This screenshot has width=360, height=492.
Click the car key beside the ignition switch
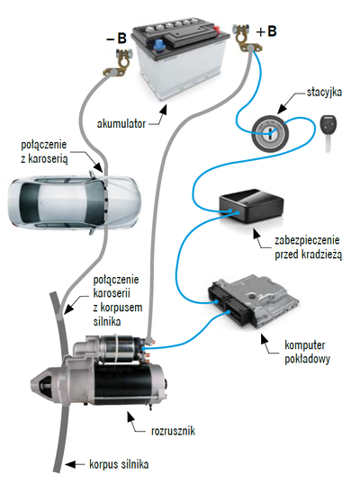328,132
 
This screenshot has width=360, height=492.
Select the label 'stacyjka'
324,93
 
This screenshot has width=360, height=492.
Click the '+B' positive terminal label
266,31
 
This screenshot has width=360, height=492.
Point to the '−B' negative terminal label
116,39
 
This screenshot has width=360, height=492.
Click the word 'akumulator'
121,123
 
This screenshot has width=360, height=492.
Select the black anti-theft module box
251,205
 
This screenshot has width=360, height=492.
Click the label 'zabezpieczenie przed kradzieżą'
308,247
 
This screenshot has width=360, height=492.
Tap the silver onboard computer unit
253,300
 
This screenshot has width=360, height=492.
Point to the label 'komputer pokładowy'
307,352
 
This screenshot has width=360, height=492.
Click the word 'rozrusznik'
173,431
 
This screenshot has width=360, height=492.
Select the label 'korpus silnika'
119,464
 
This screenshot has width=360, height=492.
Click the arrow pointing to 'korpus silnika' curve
75,464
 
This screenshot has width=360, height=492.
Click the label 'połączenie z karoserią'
44,151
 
